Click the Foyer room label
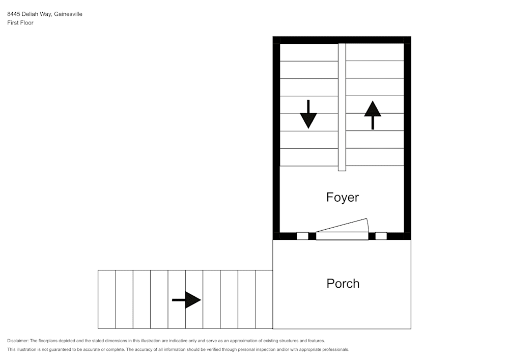(343, 197)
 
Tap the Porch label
(343, 284)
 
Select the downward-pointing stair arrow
(308, 115)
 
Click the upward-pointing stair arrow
(373, 115)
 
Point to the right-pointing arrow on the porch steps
(187, 300)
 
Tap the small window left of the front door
(302, 236)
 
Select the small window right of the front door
(381, 236)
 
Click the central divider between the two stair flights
(342, 107)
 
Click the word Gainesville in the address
(68, 14)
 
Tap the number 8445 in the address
(14, 14)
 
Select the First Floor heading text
(20, 23)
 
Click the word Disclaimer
(18, 341)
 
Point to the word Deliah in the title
(31, 14)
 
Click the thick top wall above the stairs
(342, 40)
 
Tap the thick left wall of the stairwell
(276, 137)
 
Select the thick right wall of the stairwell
(407, 137)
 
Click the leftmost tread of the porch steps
(107, 299)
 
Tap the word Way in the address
(47, 14)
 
